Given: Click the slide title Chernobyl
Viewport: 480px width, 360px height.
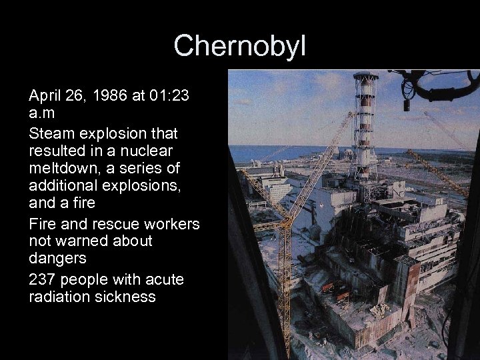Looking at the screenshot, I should tap(239, 45).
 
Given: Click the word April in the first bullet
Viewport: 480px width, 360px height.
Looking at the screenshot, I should tap(45, 97).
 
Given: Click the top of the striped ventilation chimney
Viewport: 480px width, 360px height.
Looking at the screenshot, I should tap(365, 77).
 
